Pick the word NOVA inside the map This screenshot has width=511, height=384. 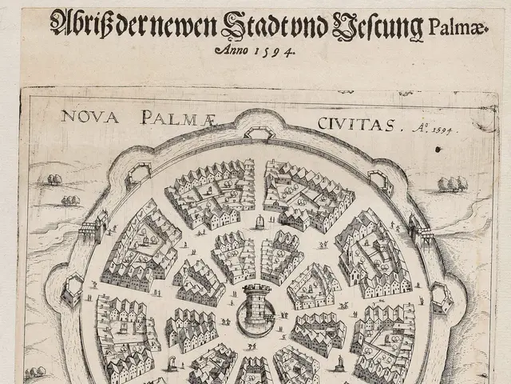[x=89, y=118]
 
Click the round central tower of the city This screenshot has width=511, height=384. [x=256, y=304]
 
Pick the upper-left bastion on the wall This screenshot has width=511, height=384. [x=138, y=174]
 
